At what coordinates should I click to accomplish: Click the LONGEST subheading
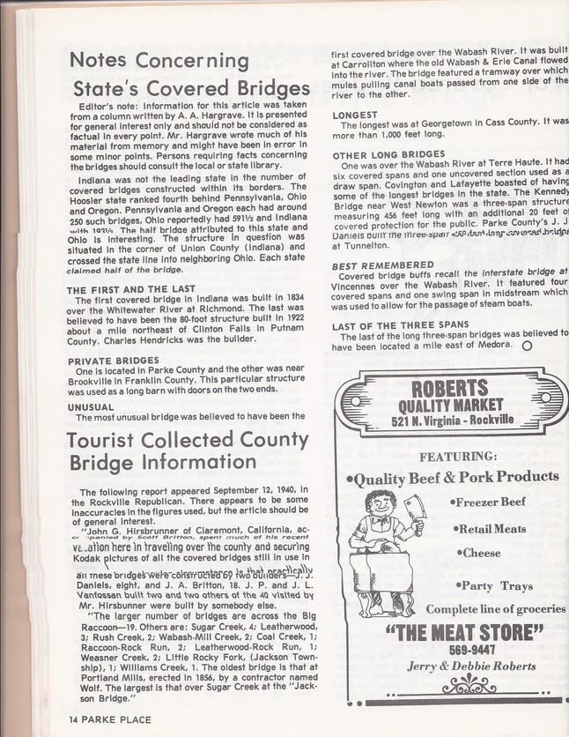coord(354,115)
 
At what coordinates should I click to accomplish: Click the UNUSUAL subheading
coord(91,406)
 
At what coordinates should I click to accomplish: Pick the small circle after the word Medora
coord(526,346)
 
